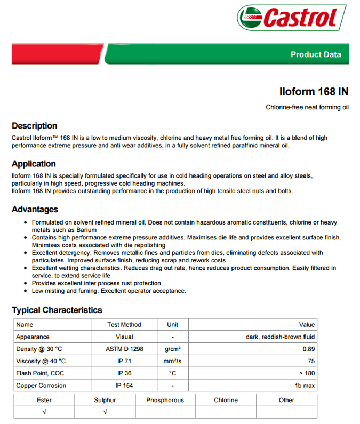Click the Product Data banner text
tap(316, 54)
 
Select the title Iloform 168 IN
tap(314, 91)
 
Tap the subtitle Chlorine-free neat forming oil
tap(307, 108)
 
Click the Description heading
tap(34, 126)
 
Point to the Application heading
tap(34, 164)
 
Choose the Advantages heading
tap(35, 209)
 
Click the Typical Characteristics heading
tap(57, 310)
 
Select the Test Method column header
tap(124, 324)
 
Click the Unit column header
tap(172, 324)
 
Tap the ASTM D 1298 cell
tap(124, 349)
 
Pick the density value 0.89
tap(308, 349)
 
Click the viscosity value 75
tap(311, 361)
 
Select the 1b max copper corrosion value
tap(305, 385)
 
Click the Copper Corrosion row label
tap(41, 385)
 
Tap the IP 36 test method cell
tap(124, 373)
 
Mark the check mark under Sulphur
tap(105, 412)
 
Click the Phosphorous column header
tap(165, 400)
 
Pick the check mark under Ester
tap(44, 412)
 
